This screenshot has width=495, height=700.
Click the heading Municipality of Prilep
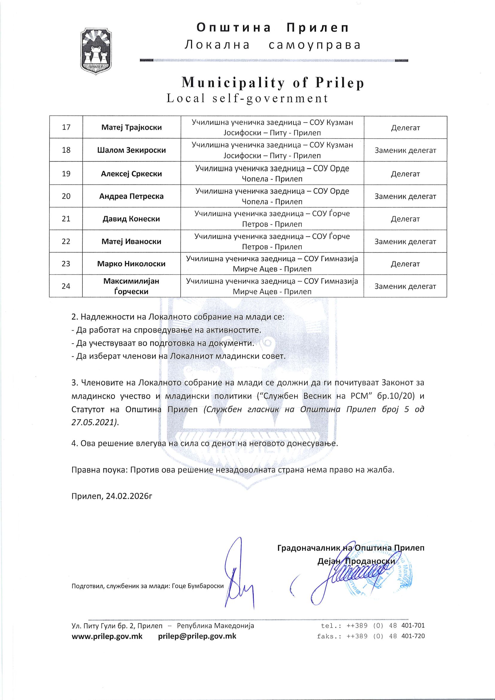273,82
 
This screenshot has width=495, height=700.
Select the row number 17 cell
66,127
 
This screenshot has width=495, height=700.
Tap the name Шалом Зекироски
131,150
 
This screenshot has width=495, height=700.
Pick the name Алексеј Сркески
131,174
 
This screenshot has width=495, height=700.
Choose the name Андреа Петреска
131,196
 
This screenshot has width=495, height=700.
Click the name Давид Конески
131,218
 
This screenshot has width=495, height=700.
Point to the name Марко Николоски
131,263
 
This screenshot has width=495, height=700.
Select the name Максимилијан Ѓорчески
131,286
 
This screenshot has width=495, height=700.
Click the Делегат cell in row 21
405,219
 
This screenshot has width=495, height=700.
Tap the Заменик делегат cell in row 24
405,286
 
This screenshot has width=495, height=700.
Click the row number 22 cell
66,241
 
